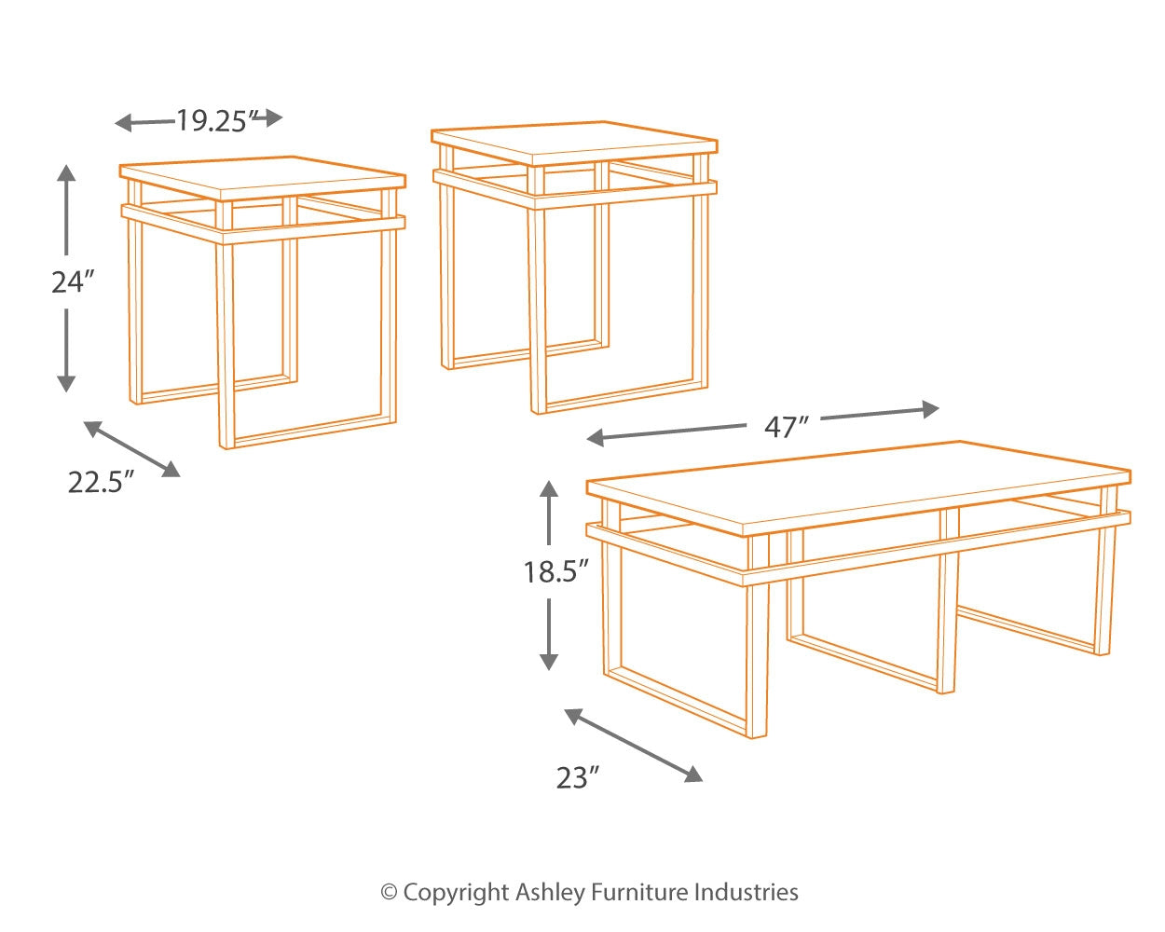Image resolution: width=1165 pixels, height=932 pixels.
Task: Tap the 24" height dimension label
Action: pyautogui.click(x=73, y=281)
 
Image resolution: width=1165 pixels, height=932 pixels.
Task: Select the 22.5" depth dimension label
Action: pyautogui.click(x=101, y=482)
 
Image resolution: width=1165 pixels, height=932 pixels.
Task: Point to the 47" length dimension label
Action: pyautogui.click(x=786, y=426)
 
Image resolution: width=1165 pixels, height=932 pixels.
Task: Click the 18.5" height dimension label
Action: pyautogui.click(x=555, y=570)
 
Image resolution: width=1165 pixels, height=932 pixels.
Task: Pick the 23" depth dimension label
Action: pyautogui.click(x=577, y=777)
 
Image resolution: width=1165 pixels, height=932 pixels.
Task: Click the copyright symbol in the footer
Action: pyautogui.click(x=390, y=893)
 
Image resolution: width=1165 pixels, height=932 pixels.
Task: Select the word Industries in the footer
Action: pyautogui.click(x=746, y=893)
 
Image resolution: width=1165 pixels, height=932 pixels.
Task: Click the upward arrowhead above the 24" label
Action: pyautogui.click(x=65, y=171)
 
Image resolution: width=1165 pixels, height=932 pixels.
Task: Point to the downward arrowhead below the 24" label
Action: pyautogui.click(x=65, y=382)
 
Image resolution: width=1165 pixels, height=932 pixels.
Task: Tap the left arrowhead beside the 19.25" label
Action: pyautogui.click(x=122, y=122)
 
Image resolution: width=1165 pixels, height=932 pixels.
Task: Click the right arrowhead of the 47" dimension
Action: pyautogui.click(x=929, y=408)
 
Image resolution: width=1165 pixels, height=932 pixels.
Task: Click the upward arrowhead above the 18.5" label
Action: pyautogui.click(x=549, y=488)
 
